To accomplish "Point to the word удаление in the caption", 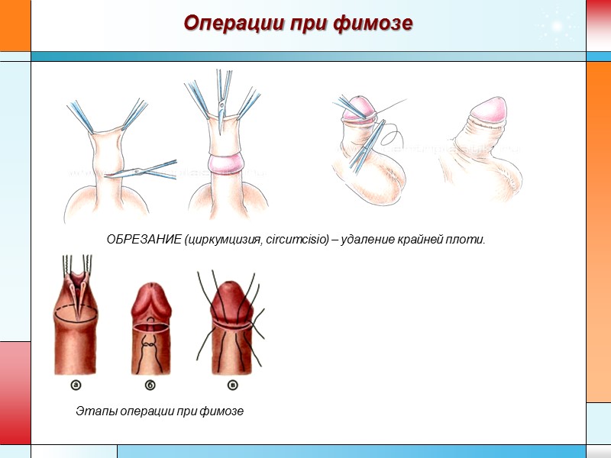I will click(368, 240).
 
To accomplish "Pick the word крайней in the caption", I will click(416, 240).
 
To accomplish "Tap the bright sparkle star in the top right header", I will click(558, 27).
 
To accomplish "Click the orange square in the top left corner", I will click(15, 25).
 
